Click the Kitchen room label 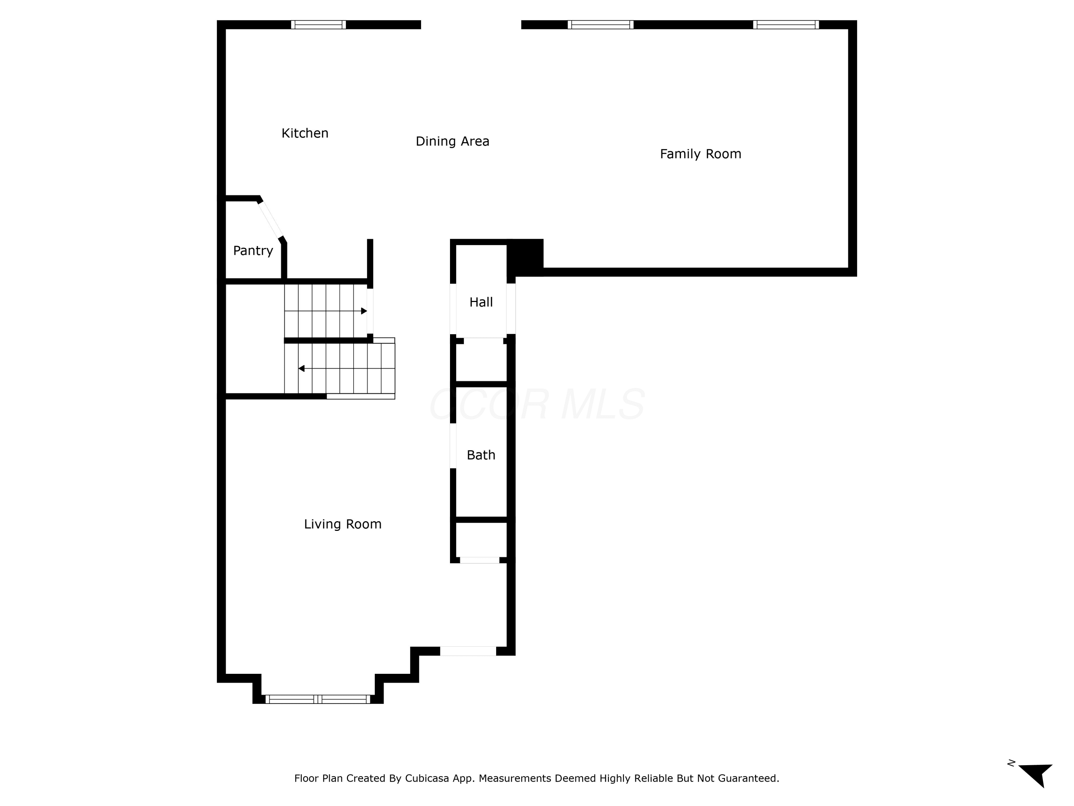pyautogui.click(x=305, y=133)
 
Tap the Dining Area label pyautogui.click(x=453, y=141)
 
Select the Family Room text pyautogui.click(x=700, y=154)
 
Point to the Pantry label pyautogui.click(x=253, y=251)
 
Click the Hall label pyautogui.click(x=481, y=302)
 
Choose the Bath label pyautogui.click(x=481, y=455)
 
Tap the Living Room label pyautogui.click(x=343, y=524)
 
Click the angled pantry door pyautogui.click(x=270, y=220)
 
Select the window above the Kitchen pyautogui.click(x=319, y=25)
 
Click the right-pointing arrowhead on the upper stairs pyautogui.click(x=364, y=311)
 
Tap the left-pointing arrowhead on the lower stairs pyautogui.click(x=301, y=369)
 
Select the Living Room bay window pyautogui.click(x=318, y=700)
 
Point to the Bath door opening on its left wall pyautogui.click(x=453, y=446)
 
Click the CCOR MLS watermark pyautogui.click(x=537, y=404)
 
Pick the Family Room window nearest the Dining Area pyautogui.click(x=601, y=25)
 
